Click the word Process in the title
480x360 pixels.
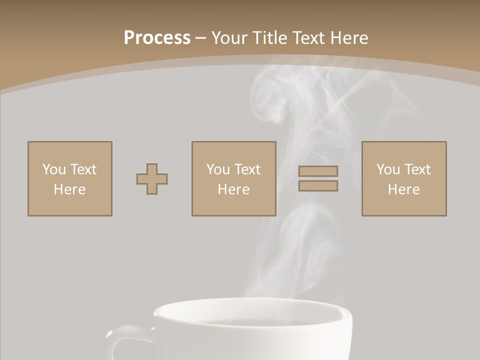click(157, 38)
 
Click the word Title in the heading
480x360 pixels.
click(270, 38)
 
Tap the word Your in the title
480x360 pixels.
click(230, 38)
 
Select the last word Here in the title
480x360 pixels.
click(349, 38)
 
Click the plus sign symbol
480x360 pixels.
click(152, 179)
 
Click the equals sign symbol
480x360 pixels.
click(318, 178)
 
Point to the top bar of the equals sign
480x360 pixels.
click(318, 171)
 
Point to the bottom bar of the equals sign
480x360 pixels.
click(318, 186)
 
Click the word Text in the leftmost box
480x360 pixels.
click(83, 169)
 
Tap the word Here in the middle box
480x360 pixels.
click(233, 189)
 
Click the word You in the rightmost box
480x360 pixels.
click(388, 169)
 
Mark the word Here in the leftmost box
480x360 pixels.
click(70, 189)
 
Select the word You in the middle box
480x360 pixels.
click(218, 169)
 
